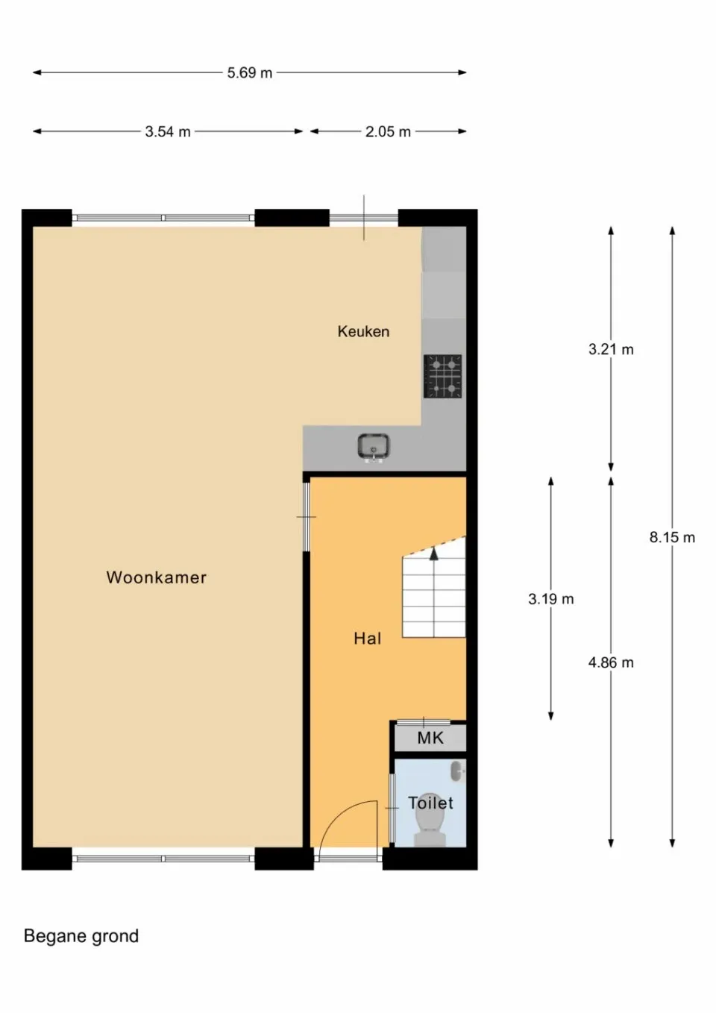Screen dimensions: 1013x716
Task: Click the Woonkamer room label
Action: pyautogui.click(x=156, y=577)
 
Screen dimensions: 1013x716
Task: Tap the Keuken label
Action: pyautogui.click(x=363, y=332)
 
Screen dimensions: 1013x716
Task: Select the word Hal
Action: pyautogui.click(x=367, y=639)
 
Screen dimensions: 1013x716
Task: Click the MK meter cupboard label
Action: pyautogui.click(x=430, y=738)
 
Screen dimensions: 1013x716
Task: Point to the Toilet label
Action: pyautogui.click(x=430, y=803)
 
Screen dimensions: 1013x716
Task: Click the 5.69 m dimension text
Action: pyautogui.click(x=250, y=73)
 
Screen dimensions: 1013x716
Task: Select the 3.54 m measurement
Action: pyautogui.click(x=168, y=132)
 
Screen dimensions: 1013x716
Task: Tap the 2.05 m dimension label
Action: pyautogui.click(x=388, y=132)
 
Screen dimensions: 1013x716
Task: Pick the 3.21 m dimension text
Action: pyautogui.click(x=611, y=349)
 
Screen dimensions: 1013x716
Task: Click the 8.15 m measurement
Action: pyautogui.click(x=672, y=537)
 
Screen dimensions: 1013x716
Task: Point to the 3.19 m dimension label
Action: pyautogui.click(x=551, y=599)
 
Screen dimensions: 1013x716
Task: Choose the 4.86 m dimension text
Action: pyautogui.click(x=611, y=662)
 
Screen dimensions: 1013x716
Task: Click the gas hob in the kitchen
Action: pyautogui.click(x=443, y=376)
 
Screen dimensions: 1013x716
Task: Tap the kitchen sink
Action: pyautogui.click(x=373, y=447)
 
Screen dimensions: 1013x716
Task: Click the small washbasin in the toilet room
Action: pyautogui.click(x=457, y=771)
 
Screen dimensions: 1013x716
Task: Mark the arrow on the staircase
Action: pyautogui.click(x=434, y=553)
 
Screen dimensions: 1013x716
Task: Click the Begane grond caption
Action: pyautogui.click(x=81, y=936)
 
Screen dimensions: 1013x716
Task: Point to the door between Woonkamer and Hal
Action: pyautogui.click(x=306, y=516)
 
